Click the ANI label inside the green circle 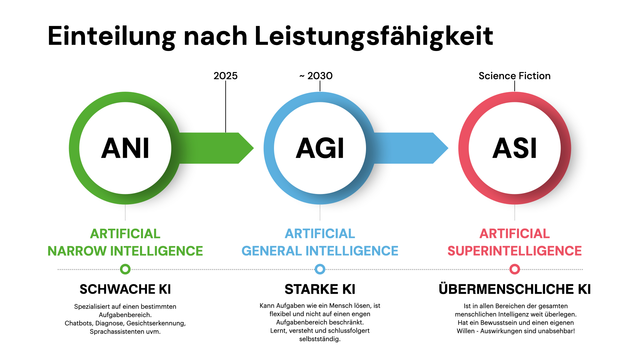(125, 148)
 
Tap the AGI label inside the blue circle (320, 148)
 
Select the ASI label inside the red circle (515, 148)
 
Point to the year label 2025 (226, 76)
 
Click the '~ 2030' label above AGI (316, 76)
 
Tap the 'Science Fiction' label (515, 76)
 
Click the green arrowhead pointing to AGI (246, 148)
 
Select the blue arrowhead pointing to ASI (441, 148)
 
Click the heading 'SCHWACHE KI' (125, 289)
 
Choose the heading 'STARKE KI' (320, 289)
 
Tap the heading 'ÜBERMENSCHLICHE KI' (515, 289)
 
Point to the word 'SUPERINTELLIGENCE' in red (515, 251)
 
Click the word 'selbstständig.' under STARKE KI (320, 339)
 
